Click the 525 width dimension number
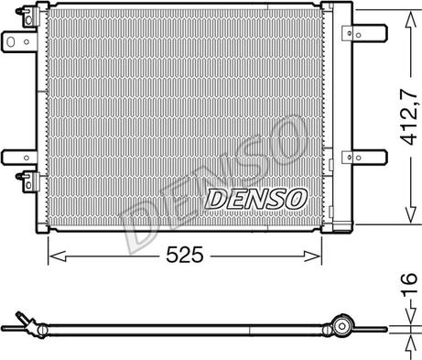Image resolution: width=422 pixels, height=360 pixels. (x=185, y=255)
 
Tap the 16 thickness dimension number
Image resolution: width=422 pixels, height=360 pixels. (x=409, y=285)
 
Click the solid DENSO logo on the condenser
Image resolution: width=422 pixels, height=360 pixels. (x=256, y=199)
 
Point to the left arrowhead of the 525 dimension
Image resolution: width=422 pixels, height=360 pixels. (x=58, y=256)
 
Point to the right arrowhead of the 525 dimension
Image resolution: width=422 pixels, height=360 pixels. (x=313, y=256)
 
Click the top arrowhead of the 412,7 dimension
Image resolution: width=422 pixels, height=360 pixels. (x=410, y=20)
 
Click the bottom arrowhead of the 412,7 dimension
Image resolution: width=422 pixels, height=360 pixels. (x=411, y=214)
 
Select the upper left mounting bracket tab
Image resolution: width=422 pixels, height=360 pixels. (x=19, y=41)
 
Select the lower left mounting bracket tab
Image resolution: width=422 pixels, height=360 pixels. (x=19, y=158)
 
